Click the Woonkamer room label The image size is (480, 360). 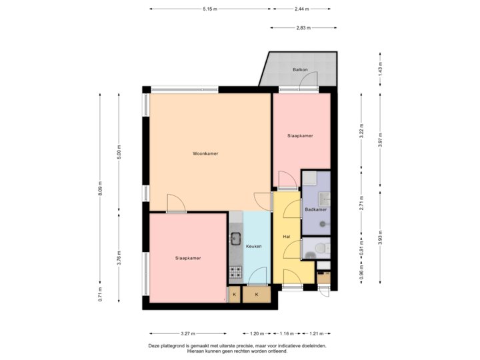(206, 153)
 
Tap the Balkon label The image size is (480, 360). (300, 70)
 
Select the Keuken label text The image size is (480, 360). (253, 246)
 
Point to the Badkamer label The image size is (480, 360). (315, 209)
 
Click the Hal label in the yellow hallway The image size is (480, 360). (286, 237)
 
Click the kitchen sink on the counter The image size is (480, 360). (235, 237)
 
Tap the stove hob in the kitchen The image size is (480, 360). (235, 271)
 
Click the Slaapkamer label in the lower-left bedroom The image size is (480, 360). (188, 258)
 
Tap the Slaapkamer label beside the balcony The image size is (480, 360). (300, 135)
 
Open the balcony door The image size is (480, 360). (307, 83)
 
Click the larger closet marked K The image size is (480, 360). (256, 293)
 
